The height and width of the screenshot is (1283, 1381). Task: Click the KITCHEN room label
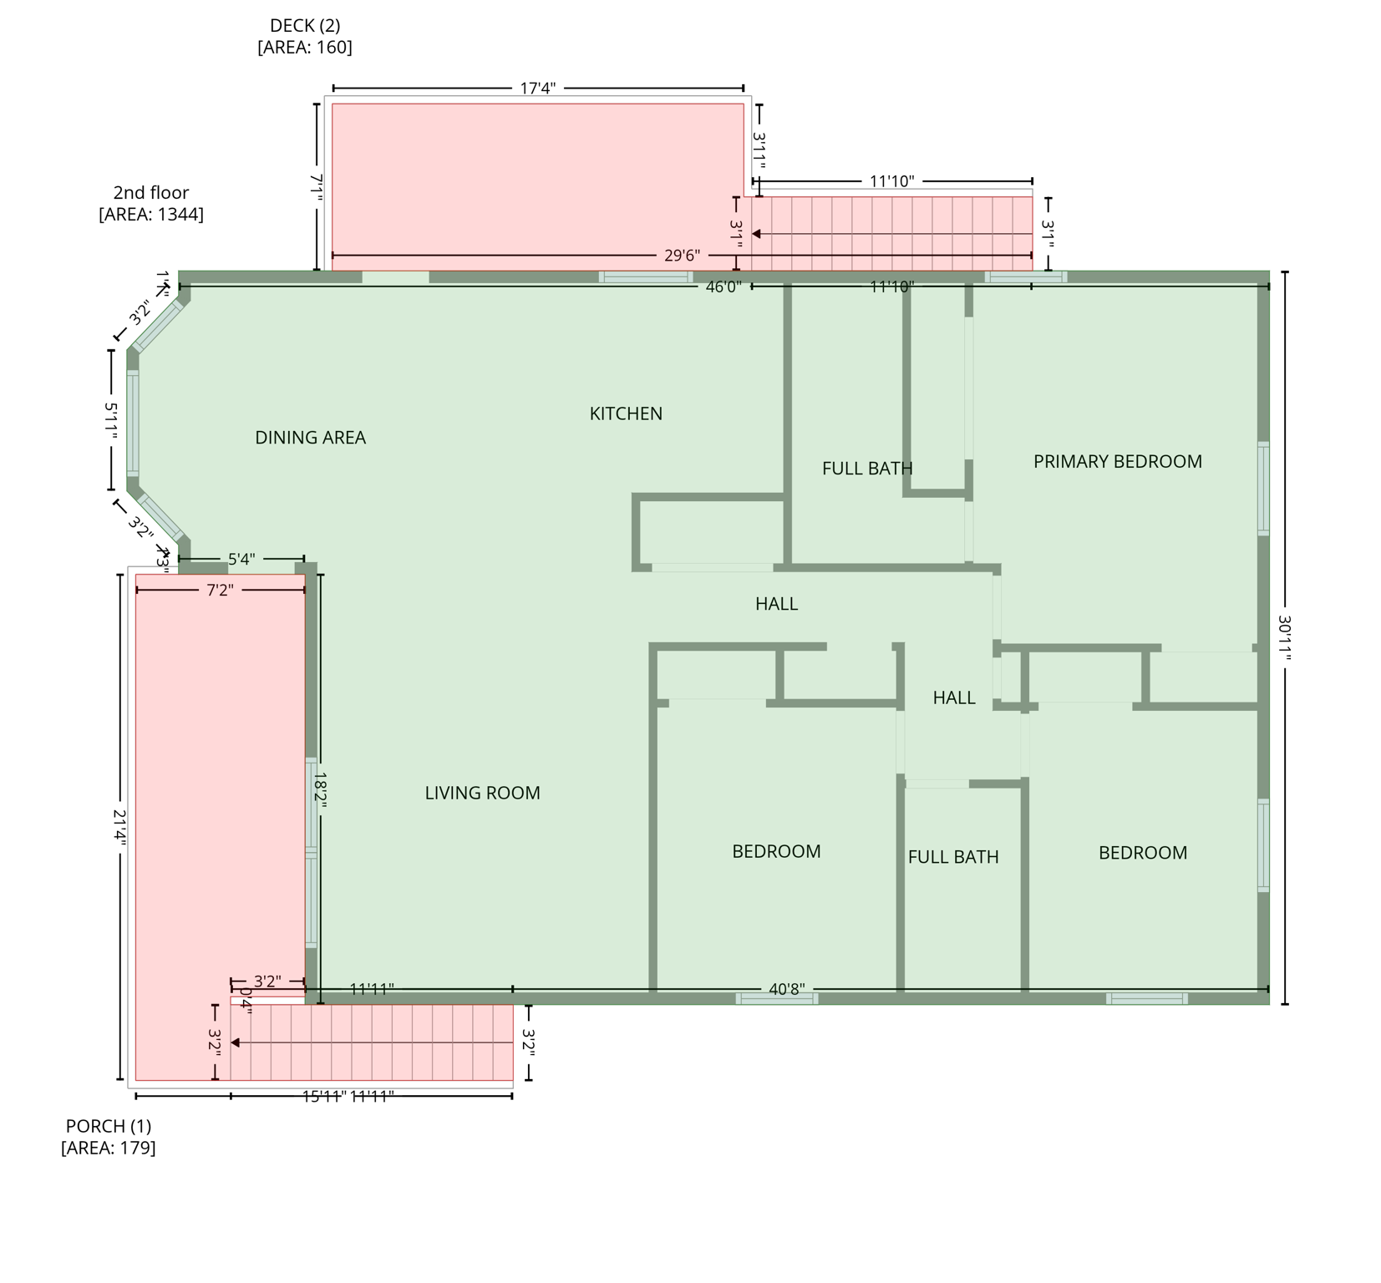(x=626, y=413)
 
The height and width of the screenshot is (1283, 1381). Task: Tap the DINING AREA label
(x=310, y=438)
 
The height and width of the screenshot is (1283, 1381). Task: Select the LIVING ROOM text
(x=482, y=793)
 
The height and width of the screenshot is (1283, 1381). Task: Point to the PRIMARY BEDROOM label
(x=1117, y=461)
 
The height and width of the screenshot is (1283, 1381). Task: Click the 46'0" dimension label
(x=723, y=287)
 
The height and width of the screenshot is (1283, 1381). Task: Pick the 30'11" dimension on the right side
(x=1284, y=638)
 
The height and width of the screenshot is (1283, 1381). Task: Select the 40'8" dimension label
(x=786, y=989)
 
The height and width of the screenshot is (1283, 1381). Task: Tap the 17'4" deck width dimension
(x=537, y=88)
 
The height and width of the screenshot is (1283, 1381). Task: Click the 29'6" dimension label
(x=682, y=256)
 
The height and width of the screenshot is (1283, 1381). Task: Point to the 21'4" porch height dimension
(x=119, y=828)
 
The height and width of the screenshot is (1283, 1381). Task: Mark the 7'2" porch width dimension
(x=220, y=591)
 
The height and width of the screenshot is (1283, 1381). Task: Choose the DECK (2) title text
(x=304, y=26)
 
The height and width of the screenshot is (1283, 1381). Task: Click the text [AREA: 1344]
(x=151, y=215)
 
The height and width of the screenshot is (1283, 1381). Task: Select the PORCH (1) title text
(x=109, y=1126)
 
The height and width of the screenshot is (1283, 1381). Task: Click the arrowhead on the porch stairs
(x=236, y=1042)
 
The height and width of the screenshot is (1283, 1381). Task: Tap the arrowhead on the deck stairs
(x=756, y=234)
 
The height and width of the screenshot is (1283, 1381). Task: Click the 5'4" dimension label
(x=241, y=559)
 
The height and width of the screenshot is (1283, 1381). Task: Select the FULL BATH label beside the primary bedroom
(x=867, y=469)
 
